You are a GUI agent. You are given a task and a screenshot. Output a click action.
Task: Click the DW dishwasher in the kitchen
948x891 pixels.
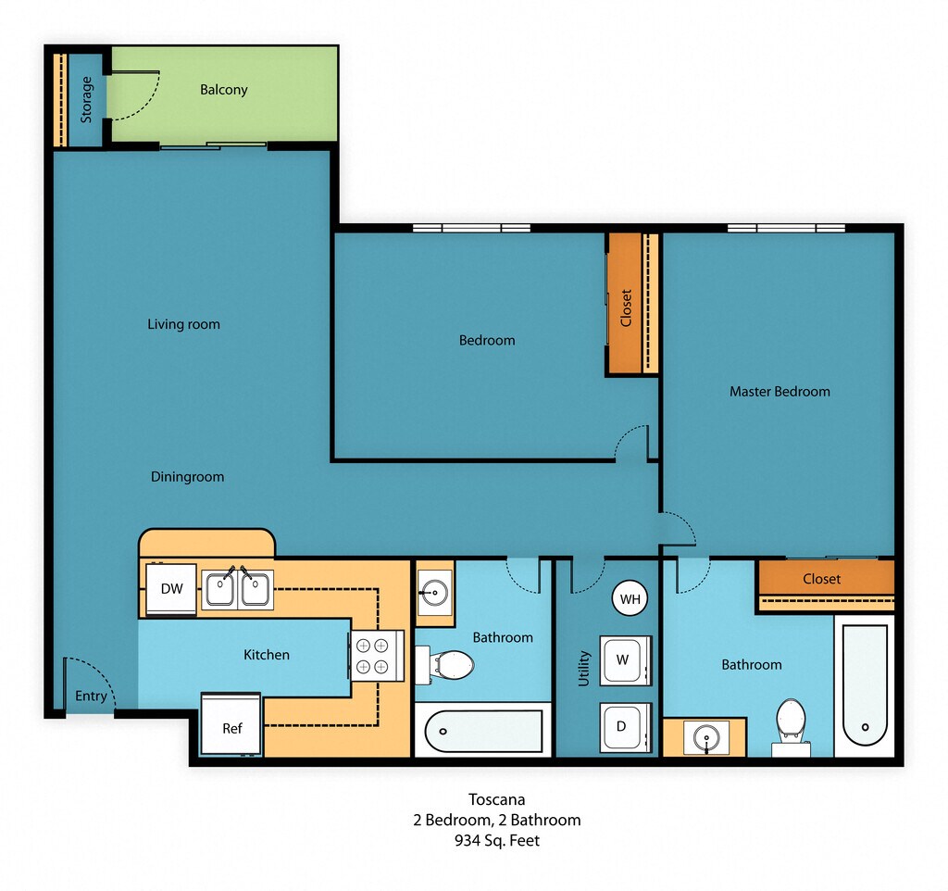tap(171, 589)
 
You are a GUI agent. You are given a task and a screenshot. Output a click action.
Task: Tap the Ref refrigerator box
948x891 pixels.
tap(231, 724)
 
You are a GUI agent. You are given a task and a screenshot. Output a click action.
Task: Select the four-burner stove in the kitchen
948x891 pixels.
tap(376, 656)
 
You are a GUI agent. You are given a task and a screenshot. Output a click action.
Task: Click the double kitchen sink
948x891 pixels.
tap(237, 589)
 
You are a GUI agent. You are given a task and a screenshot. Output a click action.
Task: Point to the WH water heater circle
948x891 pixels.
tap(630, 599)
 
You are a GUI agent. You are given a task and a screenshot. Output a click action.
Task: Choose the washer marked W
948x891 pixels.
tap(625, 660)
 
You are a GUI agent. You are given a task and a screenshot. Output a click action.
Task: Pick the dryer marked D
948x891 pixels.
tap(625, 727)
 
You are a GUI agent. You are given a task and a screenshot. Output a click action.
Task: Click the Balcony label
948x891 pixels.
tap(224, 90)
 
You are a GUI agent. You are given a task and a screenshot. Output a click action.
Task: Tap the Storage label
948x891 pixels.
tap(86, 100)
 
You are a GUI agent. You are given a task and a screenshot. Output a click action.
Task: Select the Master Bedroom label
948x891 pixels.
tap(780, 392)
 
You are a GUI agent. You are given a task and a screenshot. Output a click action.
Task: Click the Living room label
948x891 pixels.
tap(184, 324)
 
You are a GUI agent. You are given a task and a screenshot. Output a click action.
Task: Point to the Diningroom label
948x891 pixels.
tap(187, 477)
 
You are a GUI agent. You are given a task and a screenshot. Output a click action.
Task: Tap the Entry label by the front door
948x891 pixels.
tap(91, 696)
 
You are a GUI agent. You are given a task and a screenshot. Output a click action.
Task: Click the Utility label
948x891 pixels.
tap(583, 669)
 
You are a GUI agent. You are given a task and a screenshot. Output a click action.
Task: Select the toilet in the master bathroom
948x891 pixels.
tap(791, 727)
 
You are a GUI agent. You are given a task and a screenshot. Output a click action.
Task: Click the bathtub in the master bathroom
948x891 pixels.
tap(865, 686)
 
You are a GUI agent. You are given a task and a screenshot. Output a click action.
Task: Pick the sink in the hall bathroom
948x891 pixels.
tap(434, 590)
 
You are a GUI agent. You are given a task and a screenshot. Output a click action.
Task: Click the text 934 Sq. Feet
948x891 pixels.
tap(497, 841)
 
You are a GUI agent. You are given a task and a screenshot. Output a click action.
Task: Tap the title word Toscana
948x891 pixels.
tap(497, 799)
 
